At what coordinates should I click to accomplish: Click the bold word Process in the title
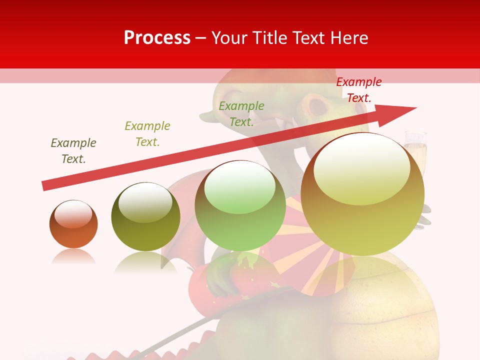point(157,38)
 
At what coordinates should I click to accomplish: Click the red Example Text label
point(358,90)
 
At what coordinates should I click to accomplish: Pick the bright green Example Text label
point(241,114)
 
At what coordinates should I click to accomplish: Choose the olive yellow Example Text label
point(147,134)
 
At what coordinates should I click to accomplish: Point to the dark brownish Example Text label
point(73,151)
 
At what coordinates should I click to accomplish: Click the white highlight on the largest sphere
point(361,169)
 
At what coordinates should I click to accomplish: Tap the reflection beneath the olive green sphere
point(145,262)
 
